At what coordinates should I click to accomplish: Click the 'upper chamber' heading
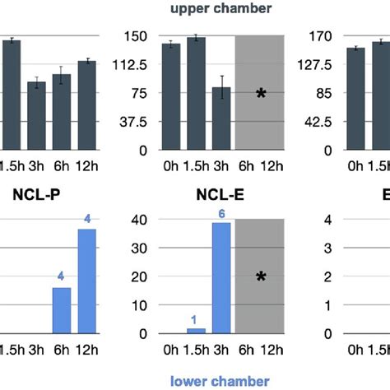[195, 9]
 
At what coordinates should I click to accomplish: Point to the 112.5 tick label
[132, 64]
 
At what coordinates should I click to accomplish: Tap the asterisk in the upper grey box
[261, 95]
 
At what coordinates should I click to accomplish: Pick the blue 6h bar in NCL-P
[62, 310]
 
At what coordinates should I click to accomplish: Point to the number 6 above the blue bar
[221, 214]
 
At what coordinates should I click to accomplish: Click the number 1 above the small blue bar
[195, 319]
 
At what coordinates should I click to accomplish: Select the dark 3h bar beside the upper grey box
[221, 118]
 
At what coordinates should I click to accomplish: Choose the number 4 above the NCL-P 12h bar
[87, 219]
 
